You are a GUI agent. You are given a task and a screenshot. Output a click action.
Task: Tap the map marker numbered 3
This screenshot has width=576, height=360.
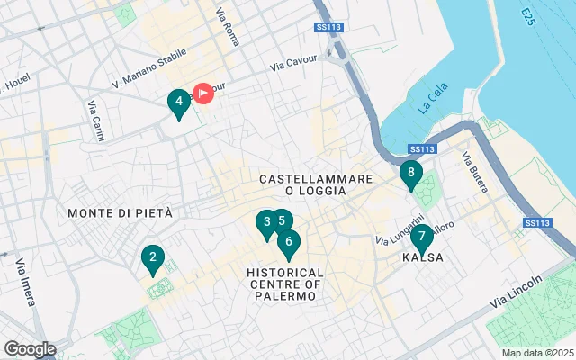click(265, 222)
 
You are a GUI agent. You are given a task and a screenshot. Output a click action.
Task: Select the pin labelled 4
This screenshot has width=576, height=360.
click(179, 103)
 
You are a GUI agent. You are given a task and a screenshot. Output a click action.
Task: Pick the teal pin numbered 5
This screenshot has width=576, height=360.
click(282, 220)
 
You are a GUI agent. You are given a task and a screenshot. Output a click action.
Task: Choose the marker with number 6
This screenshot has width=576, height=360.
click(288, 240)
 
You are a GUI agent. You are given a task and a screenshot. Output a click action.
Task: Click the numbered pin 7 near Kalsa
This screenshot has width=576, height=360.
click(422, 237)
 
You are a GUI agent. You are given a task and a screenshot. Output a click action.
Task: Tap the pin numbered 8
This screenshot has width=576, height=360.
click(410, 173)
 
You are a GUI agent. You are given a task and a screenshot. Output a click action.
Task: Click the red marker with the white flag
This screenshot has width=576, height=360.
click(204, 93)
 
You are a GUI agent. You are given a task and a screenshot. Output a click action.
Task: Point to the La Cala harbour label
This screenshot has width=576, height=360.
click(433, 105)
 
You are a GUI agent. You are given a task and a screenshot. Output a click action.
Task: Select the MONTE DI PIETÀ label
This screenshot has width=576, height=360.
click(120, 212)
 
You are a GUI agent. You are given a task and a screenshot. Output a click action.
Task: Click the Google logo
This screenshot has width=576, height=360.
click(30, 349)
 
